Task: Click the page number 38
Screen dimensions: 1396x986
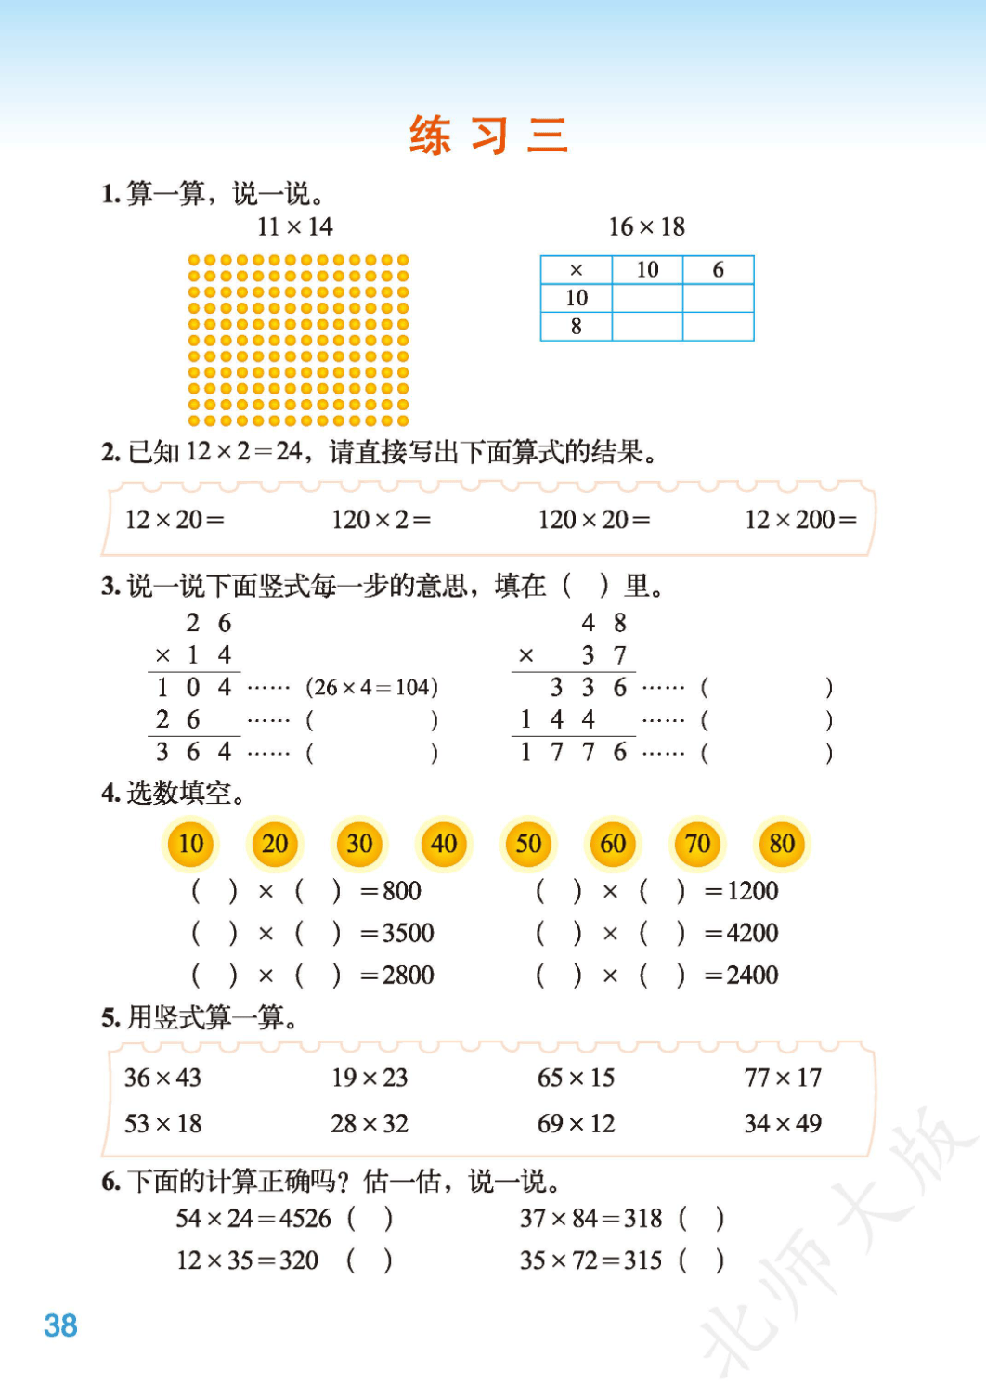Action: [x=60, y=1325]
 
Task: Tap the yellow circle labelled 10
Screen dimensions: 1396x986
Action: [x=190, y=844]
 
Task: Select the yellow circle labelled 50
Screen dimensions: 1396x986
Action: [x=528, y=844]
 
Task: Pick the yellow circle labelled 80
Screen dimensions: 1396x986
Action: [x=782, y=844]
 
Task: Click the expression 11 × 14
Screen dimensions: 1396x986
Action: [x=294, y=226]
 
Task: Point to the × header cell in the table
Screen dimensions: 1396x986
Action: [x=576, y=270]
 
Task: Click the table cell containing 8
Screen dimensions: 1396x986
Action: [x=576, y=327]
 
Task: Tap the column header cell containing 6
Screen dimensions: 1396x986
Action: [x=718, y=270]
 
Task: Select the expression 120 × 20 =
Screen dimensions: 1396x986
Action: [x=594, y=520]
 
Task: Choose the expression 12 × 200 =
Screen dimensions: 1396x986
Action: [x=800, y=520]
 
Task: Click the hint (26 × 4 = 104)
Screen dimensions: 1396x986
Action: [x=371, y=688]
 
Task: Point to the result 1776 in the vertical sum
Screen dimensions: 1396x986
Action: [x=574, y=752]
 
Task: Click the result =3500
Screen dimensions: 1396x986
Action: [x=396, y=933]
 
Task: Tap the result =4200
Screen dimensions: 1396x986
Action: [x=741, y=933]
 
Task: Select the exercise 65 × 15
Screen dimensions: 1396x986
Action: [x=576, y=1078]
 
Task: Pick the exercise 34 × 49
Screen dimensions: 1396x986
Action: [x=783, y=1124]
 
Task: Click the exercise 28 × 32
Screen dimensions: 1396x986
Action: [x=370, y=1124]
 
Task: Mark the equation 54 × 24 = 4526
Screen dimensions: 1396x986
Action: [x=253, y=1219]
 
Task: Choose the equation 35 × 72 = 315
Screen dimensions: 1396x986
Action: [x=590, y=1260]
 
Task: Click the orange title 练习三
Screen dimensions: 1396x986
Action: [x=488, y=136]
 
